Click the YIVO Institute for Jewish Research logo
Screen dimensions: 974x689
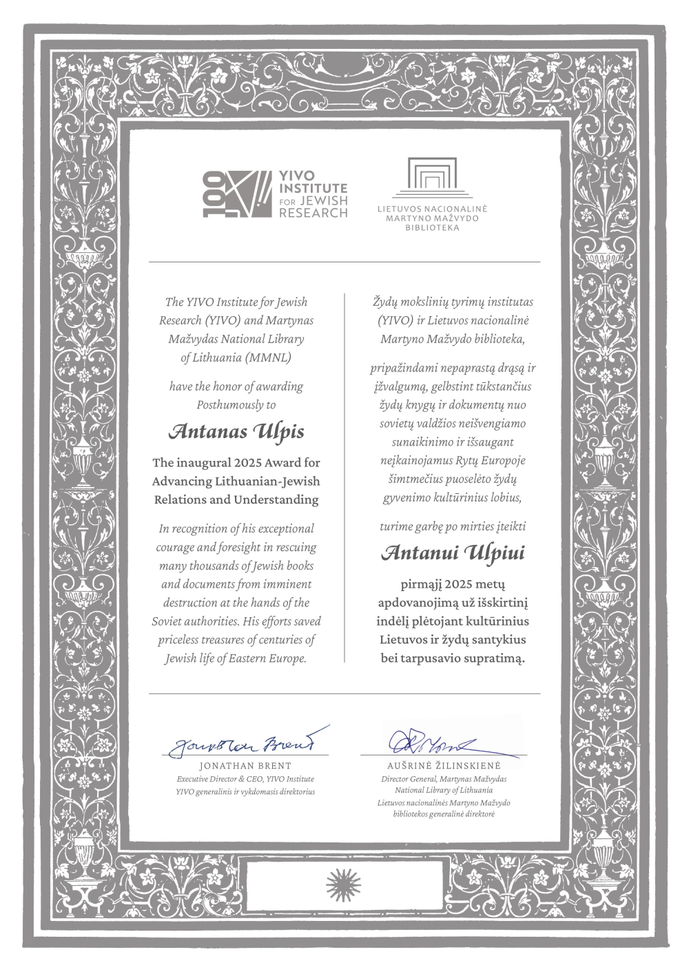[275, 195]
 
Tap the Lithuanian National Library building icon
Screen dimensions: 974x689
[432, 178]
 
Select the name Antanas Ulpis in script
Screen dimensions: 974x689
[236, 432]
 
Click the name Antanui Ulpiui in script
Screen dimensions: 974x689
[453, 552]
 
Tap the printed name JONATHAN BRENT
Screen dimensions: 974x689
[245, 766]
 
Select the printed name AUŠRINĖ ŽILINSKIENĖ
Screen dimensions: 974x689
[444, 766]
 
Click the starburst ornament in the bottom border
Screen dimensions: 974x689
[344, 882]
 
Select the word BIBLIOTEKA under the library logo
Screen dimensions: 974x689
[432, 228]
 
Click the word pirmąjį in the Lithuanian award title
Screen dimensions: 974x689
[420, 585]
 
